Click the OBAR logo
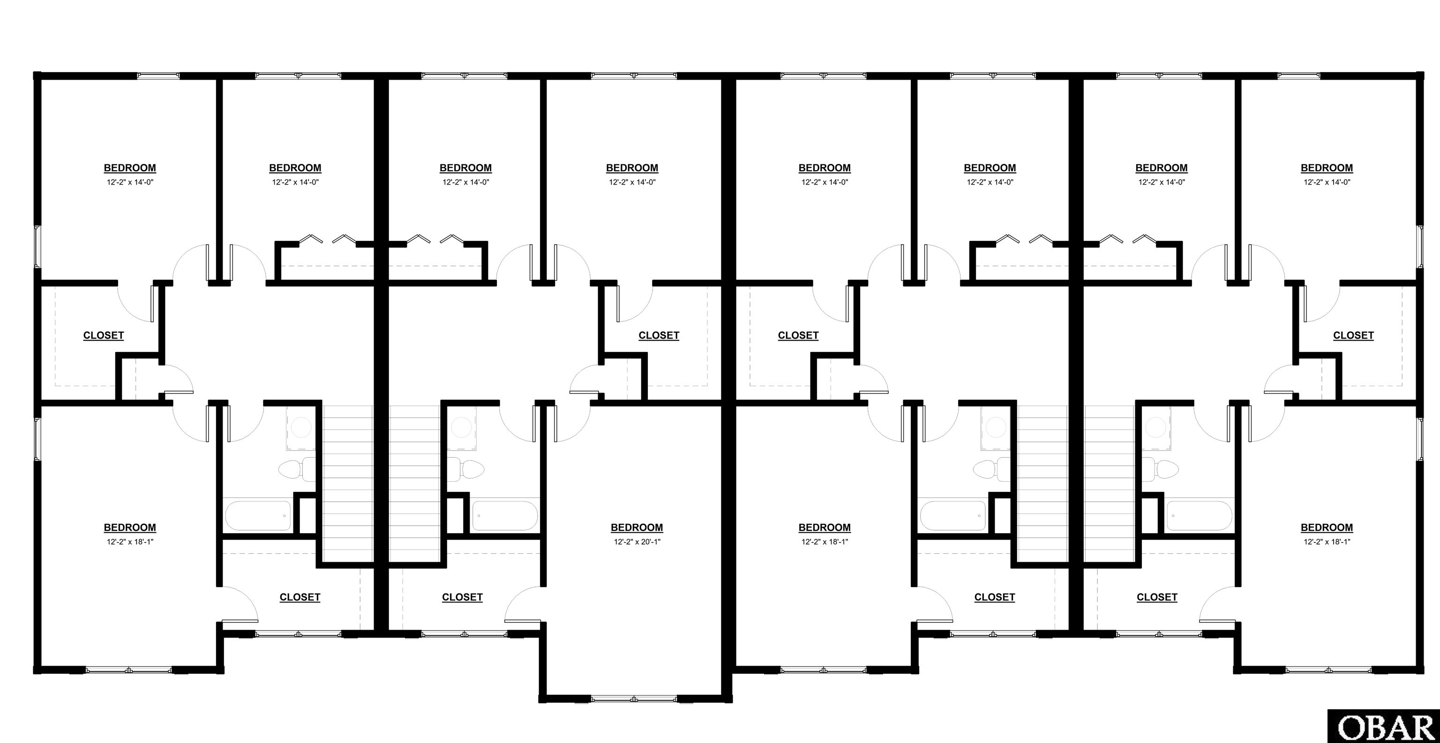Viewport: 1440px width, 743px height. click(1382, 727)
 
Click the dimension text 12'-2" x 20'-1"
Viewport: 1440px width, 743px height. click(637, 542)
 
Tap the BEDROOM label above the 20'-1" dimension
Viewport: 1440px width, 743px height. click(637, 528)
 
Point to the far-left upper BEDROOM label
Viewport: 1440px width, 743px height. click(130, 168)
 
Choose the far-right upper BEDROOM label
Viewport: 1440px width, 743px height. click(1327, 168)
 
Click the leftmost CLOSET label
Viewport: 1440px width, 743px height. click(104, 335)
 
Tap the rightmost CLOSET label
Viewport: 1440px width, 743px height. click(1353, 335)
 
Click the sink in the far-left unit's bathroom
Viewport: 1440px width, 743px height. click(301, 428)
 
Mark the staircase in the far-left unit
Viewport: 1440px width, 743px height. click(348, 483)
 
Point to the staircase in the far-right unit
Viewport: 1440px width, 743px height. click(1110, 483)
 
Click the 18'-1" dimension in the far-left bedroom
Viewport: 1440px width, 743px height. click(130, 542)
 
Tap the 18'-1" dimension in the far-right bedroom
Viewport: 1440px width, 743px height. click(1327, 542)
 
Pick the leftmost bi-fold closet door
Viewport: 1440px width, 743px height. click(311, 239)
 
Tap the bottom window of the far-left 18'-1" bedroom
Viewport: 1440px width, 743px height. click(129, 669)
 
